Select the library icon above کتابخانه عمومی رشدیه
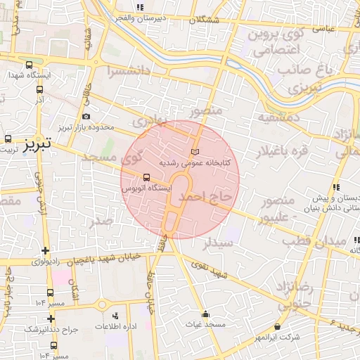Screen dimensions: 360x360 [x=195, y=152]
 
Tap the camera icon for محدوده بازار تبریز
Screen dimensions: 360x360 [x=86, y=116]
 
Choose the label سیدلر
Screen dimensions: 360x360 [x=217, y=243]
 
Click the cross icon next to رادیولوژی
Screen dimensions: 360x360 [x=46, y=250]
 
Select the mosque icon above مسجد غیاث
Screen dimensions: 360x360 [x=205, y=314]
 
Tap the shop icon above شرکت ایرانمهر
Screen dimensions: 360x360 [x=278, y=327]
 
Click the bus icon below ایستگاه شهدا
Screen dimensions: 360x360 [x=39, y=89]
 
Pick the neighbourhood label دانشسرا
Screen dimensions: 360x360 [x=130, y=71]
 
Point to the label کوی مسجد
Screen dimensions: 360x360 [x=113, y=157]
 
